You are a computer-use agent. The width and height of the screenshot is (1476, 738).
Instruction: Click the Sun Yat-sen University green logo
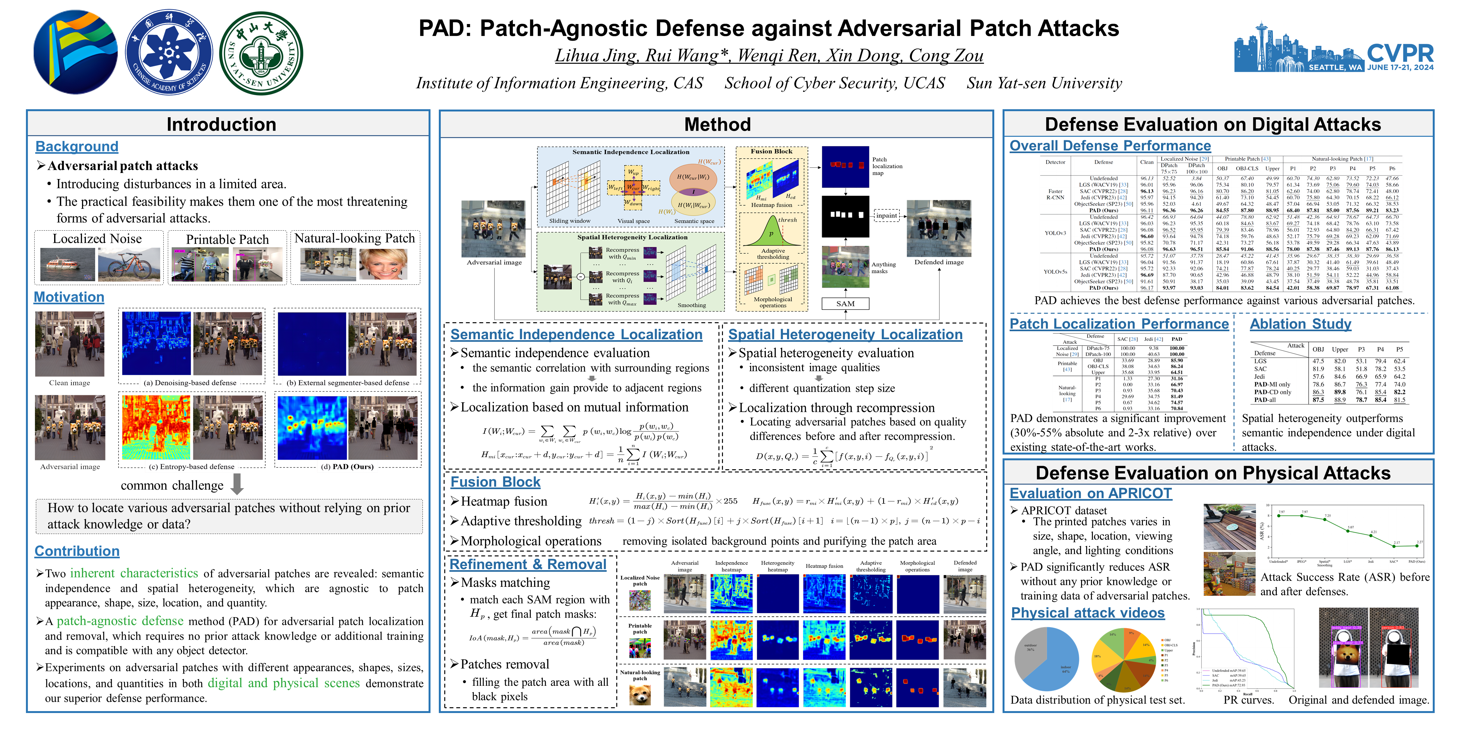[x=261, y=53]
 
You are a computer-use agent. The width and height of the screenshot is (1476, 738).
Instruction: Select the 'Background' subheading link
[x=77, y=147]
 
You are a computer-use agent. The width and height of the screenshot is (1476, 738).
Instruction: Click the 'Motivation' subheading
[x=69, y=297]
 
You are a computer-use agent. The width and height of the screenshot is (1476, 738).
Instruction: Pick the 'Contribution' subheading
[x=77, y=551]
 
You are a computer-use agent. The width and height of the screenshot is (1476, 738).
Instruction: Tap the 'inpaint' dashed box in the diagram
[x=886, y=216]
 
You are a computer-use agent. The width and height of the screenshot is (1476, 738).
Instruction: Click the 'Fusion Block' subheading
[x=495, y=482]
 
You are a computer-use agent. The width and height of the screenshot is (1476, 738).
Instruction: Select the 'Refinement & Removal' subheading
[x=528, y=564]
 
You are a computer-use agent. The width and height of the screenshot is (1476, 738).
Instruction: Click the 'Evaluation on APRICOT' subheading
[x=1090, y=493]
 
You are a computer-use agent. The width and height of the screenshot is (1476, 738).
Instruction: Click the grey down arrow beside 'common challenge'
[x=237, y=484]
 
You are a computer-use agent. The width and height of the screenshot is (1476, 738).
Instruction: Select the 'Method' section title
[x=717, y=124]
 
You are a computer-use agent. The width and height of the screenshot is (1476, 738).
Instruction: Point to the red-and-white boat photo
[x=68, y=264]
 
